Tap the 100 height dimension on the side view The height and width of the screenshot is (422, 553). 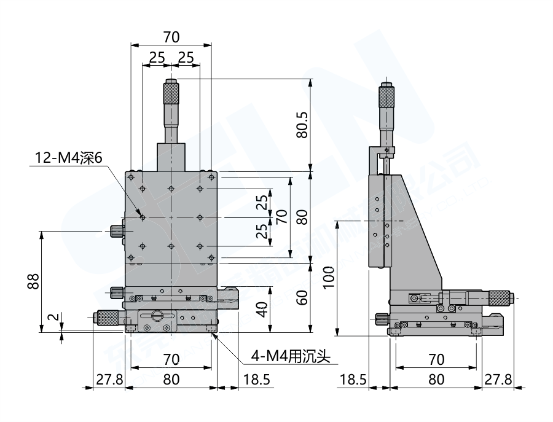[328, 279]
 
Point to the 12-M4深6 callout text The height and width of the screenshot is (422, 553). [71, 158]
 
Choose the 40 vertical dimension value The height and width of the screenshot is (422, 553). [261, 310]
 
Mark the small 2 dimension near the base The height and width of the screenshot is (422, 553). [53, 318]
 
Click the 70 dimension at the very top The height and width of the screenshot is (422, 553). [171, 37]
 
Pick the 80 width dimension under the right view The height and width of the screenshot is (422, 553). [436, 379]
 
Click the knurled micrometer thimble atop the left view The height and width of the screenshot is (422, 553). [171, 93]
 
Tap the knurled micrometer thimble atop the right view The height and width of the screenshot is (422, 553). [386, 96]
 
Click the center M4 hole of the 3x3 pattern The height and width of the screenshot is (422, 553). [171, 217]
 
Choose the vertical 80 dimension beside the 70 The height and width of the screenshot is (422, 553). [301, 216]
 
